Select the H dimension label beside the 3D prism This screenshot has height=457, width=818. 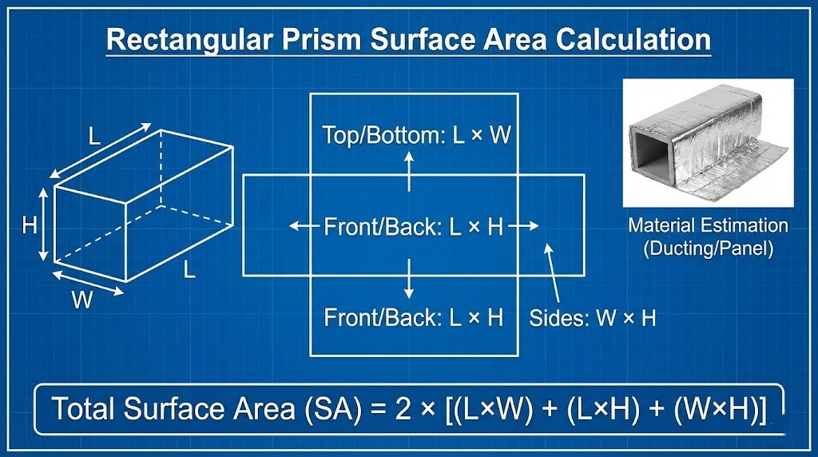30,225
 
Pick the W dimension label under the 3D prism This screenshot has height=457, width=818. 81,301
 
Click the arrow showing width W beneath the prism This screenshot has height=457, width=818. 88,283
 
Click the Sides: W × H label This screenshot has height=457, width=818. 592,318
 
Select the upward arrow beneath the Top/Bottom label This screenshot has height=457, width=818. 409,170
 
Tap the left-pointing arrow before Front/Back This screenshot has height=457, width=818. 304,227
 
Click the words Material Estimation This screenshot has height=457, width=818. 708,225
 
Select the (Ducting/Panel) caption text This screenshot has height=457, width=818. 708,248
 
